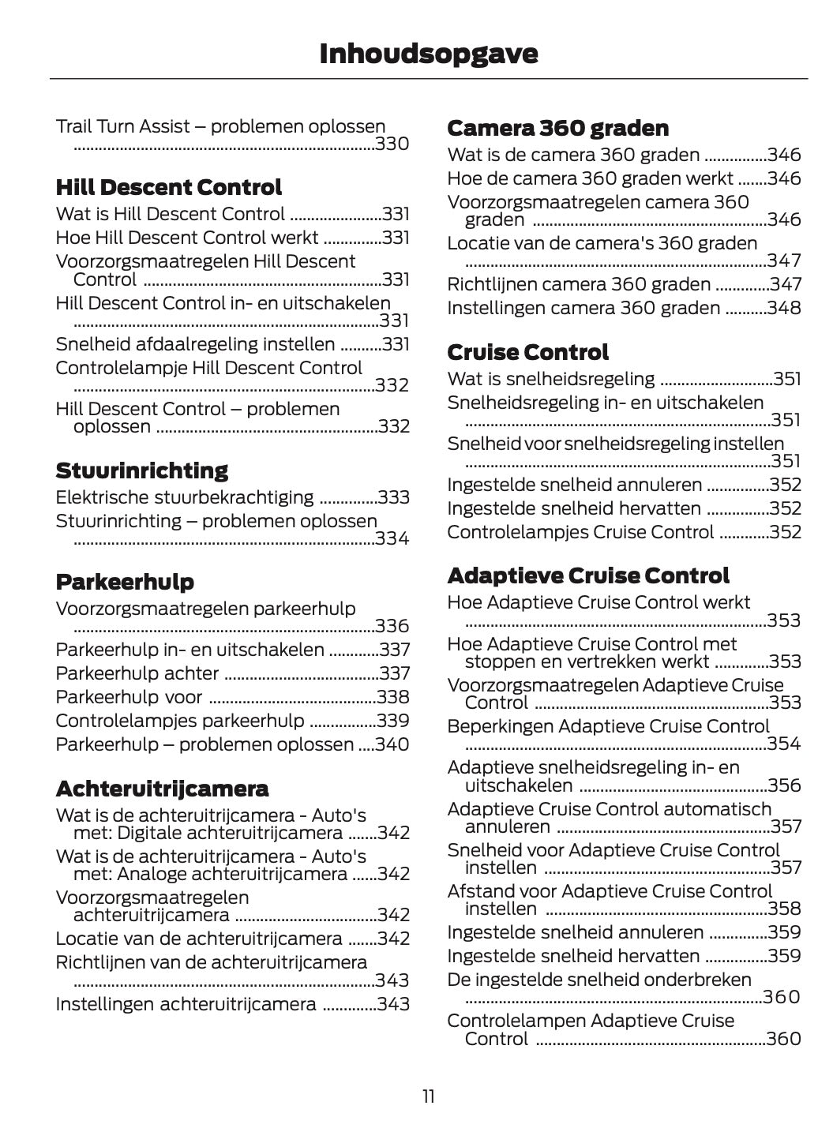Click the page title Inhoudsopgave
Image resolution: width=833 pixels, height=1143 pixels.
coord(428,53)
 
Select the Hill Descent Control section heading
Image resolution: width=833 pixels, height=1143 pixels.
coord(168,188)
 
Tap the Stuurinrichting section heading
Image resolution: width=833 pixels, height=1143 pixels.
coord(142,471)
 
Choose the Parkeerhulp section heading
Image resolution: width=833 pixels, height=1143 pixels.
coord(125,583)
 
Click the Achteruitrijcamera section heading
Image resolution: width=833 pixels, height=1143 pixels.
coord(162,789)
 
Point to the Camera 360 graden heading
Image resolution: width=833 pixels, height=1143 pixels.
coord(557,129)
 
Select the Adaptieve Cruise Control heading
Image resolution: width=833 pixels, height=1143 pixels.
coord(588,575)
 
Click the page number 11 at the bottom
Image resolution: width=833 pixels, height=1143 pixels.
coord(428,1096)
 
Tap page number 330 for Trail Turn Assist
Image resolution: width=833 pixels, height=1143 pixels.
coord(392,144)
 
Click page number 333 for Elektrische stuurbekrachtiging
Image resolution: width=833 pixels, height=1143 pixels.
coord(393,498)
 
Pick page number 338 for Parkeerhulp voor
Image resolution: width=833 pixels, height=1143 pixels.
coord(392,698)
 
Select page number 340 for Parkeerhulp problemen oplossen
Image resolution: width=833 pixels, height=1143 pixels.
coord(392,745)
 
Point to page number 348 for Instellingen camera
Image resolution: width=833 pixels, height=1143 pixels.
coord(784,309)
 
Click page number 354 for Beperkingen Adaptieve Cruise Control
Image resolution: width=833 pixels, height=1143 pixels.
coord(784,744)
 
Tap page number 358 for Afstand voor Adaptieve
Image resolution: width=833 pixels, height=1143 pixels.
coord(784,909)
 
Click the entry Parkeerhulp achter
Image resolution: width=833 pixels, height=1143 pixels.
coord(137,674)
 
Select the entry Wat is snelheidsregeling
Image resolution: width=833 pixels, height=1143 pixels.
coord(550,380)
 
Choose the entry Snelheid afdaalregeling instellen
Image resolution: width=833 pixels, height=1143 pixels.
coord(195,345)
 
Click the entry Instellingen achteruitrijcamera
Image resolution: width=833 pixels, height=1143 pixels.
coord(186,1005)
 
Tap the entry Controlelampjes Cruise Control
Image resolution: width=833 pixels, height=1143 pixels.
coord(580,533)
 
